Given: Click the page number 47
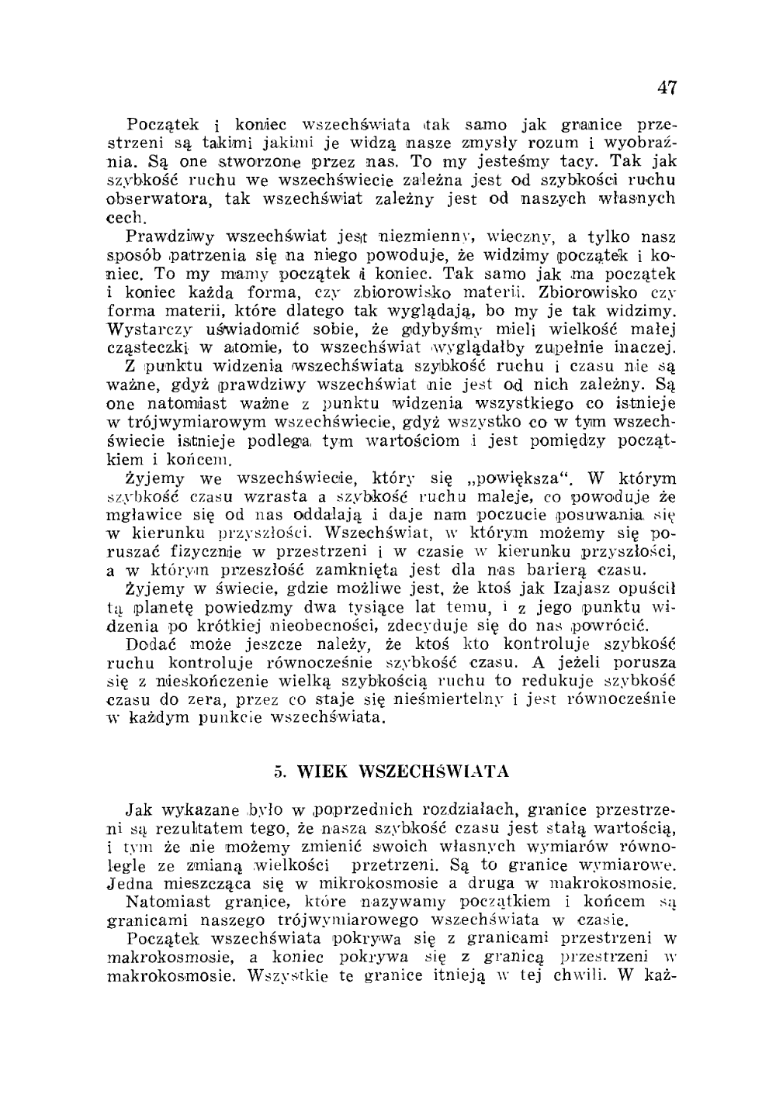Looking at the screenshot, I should tap(667, 88).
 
